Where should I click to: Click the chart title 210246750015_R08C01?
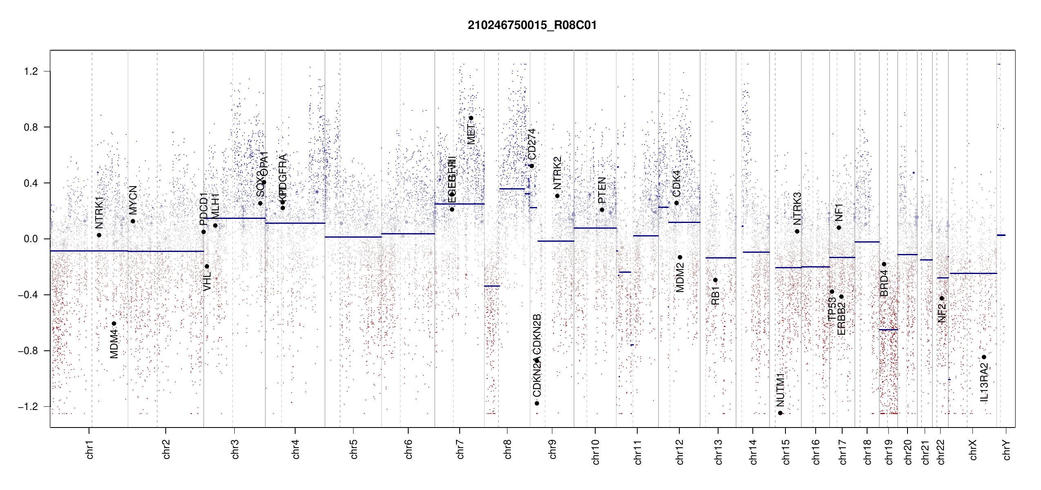(532, 25)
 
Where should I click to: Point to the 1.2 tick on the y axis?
(31, 71)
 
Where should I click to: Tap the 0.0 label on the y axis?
(31, 239)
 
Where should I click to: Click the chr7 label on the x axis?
(460, 449)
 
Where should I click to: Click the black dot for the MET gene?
(471, 118)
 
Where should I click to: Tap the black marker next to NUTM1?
(780, 413)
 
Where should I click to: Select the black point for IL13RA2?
(984, 357)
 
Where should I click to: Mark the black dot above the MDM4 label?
(114, 323)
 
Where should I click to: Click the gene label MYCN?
(133, 200)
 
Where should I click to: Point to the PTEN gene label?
(602, 190)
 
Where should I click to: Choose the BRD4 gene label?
(884, 283)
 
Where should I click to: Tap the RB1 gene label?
(715, 296)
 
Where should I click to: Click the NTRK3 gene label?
(797, 209)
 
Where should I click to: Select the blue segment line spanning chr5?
(353, 237)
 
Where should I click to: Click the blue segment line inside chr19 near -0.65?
(888, 330)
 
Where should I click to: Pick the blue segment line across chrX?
(973, 273)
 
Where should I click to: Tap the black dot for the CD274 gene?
(532, 166)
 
